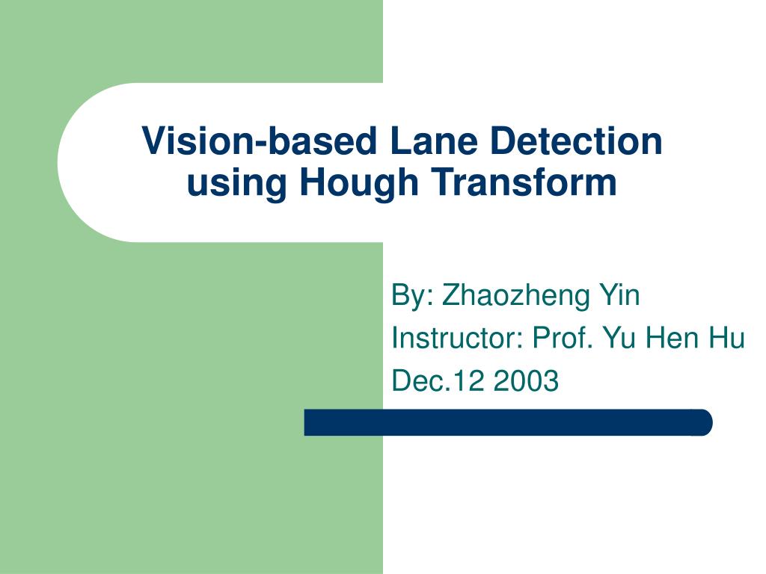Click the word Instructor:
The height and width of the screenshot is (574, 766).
tap(456, 339)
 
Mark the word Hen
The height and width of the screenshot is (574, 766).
tap(671, 339)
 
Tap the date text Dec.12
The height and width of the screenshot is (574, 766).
tap(438, 382)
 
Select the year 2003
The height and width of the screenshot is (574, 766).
tap(526, 382)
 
